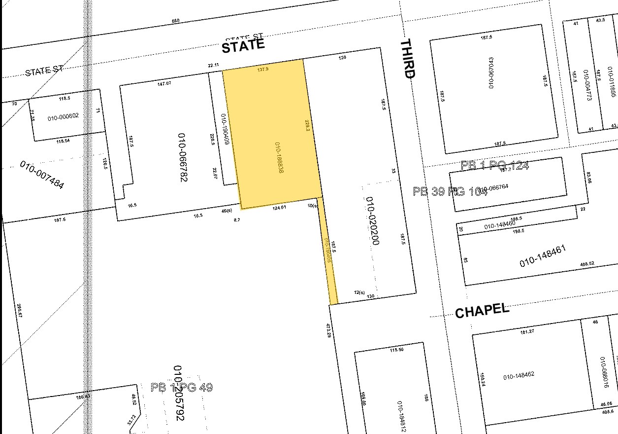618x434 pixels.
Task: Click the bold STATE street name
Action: click(x=243, y=46)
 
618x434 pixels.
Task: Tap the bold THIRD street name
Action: click(x=408, y=59)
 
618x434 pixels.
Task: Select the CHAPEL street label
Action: click(x=482, y=311)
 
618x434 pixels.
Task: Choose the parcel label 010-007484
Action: click(x=42, y=175)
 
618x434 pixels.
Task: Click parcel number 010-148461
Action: click(x=543, y=256)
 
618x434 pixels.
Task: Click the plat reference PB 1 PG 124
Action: click(x=494, y=165)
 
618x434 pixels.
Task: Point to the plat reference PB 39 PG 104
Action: click(x=449, y=191)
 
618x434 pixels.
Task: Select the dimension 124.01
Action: click(x=279, y=208)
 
